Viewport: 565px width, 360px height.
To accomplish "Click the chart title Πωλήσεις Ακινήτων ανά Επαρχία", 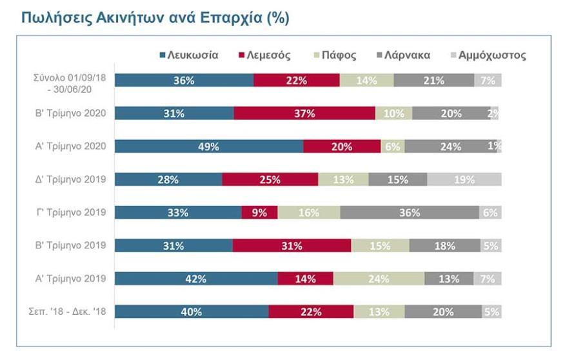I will (155, 18).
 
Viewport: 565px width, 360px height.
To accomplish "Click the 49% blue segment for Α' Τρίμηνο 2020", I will (209, 146).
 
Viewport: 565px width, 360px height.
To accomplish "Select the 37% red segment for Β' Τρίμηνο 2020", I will (304, 114).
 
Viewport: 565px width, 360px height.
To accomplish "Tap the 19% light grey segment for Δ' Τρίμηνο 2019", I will (464, 179).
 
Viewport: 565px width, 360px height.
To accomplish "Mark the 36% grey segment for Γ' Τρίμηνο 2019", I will (410, 213).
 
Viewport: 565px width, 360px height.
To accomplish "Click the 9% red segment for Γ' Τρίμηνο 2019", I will (259, 213).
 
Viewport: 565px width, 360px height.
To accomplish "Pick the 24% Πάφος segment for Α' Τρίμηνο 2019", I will (379, 279).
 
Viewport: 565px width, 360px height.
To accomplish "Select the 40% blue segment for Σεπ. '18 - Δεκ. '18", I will (192, 312).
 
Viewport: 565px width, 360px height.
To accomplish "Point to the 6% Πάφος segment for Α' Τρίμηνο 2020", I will (393, 146).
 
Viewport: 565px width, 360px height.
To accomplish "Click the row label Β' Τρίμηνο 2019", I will (73, 246).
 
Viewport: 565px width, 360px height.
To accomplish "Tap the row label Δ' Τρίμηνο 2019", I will (73, 179).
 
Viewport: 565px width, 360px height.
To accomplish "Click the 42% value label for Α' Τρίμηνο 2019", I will (196, 279).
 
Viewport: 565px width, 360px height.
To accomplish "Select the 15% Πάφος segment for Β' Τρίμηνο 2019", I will (380, 246).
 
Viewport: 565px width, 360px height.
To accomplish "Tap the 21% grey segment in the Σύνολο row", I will (433, 81).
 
